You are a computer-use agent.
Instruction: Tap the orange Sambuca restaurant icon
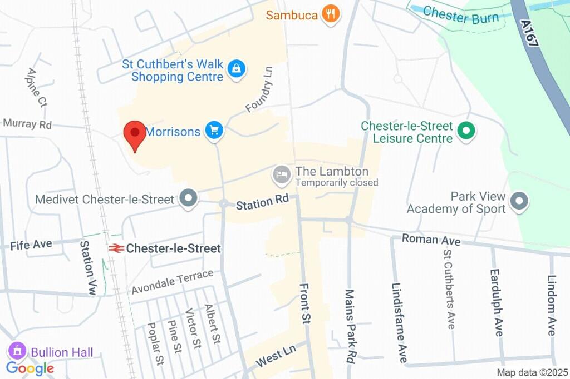tap(331, 14)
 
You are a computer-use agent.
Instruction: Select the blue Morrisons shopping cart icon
tap(214, 131)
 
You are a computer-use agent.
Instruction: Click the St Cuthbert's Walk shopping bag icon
tap(237, 69)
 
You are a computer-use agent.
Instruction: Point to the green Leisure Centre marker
tap(465, 132)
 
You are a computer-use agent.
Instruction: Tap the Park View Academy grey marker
tap(519, 201)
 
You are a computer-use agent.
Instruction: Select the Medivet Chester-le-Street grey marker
tap(189, 198)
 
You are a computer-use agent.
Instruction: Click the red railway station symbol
tap(116, 248)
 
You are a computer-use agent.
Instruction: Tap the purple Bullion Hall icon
tap(18, 351)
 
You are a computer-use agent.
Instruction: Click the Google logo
tap(30, 368)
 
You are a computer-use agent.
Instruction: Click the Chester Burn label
tap(460, 15)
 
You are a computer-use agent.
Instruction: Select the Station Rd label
tap(262, 202)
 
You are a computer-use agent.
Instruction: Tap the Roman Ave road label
tap(431, 240)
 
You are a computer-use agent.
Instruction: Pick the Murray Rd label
tap(27, 124)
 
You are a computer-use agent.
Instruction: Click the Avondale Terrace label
tap(172, 282)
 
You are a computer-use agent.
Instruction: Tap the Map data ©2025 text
tap(532, 372)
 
